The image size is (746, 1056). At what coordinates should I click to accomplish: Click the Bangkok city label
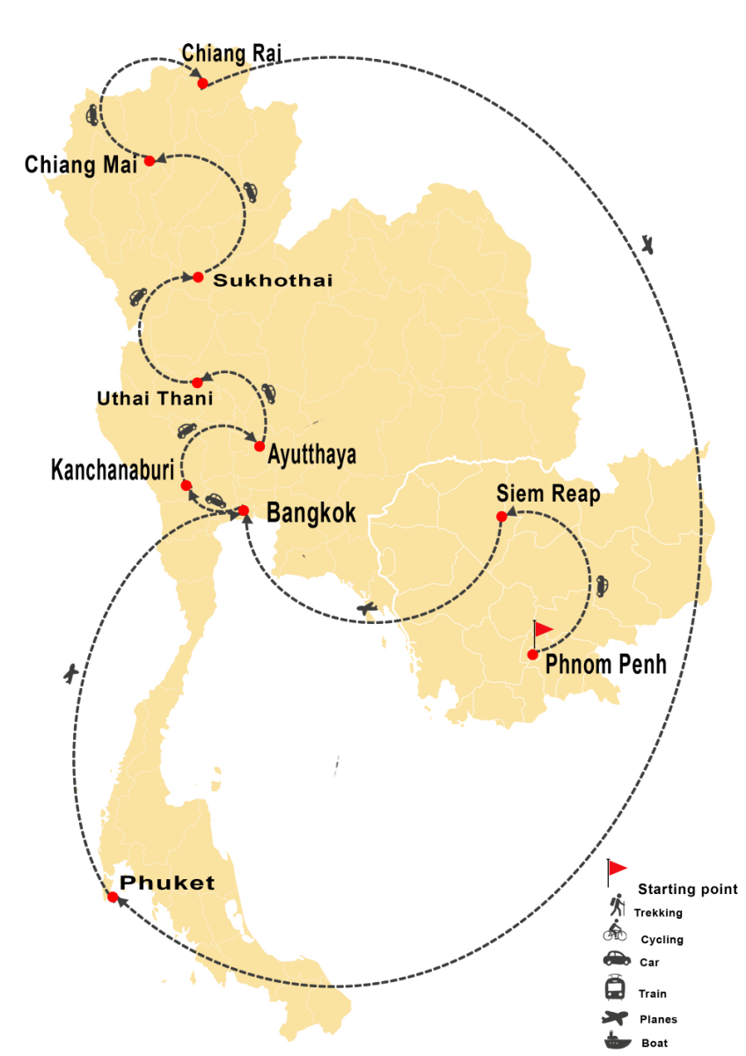311,512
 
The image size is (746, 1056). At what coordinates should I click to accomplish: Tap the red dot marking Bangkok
244,510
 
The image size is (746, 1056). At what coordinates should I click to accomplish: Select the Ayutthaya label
311,455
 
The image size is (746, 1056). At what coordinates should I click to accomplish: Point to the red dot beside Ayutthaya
260,446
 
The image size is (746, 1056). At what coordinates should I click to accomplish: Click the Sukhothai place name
260,281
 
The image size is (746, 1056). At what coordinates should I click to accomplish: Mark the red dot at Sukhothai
198,277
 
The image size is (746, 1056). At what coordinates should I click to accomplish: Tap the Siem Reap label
548,494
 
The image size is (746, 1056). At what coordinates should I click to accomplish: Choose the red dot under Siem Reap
501,516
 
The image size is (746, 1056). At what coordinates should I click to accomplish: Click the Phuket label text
167,883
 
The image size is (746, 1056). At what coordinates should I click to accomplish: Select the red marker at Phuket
113,897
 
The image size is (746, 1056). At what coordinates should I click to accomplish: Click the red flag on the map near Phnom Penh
543,628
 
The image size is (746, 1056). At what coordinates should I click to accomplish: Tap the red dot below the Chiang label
202,84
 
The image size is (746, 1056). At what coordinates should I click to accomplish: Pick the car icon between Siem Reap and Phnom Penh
603,584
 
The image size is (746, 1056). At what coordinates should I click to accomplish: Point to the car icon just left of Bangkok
215,500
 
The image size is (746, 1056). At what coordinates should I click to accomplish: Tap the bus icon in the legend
616,988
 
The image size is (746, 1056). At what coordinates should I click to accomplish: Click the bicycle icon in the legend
615,930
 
